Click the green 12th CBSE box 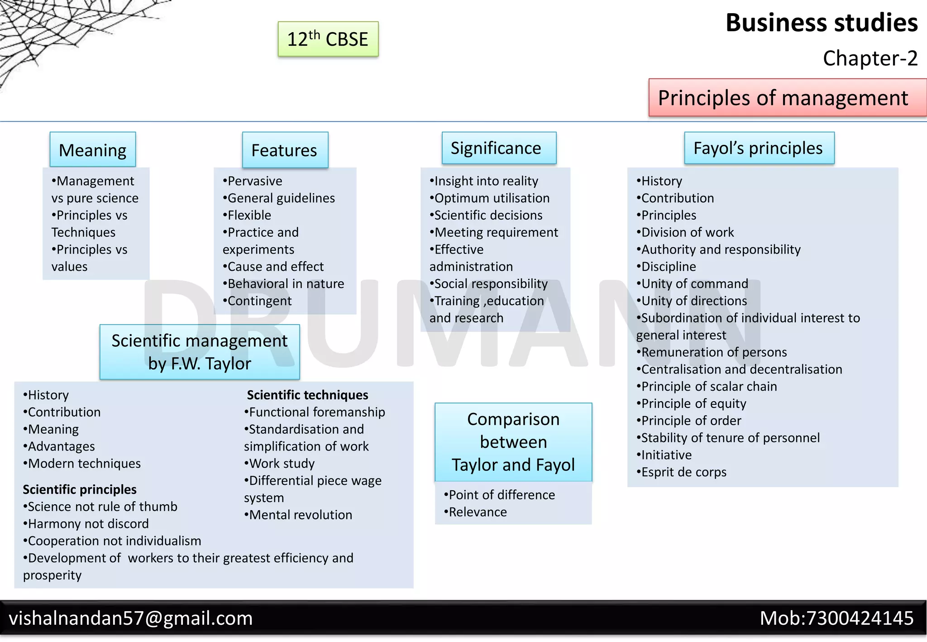click(x=328, y=39)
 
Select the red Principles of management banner click(x=787, y=98)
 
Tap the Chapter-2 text click(x=870, y=58)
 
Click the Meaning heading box click(x=93, y=150)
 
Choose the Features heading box click(x=285, y=150)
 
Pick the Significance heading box click(x=498, y=148)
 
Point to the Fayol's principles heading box click(x=759, y=148)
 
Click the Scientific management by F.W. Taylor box click(x=200, y=352)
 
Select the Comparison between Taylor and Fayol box click(x=513, y=442)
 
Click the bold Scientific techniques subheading click(x=307, y=395)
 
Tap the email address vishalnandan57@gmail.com click(x=131, y=618)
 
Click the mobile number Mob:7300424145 click(x=836, y=618)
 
